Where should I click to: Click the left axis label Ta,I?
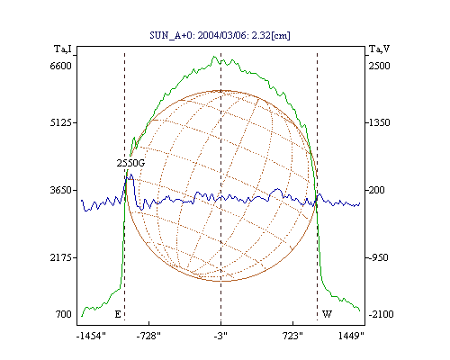point(63,49)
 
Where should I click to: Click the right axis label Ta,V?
point(379,49)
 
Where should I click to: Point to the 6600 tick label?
point(60,66)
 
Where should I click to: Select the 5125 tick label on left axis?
point(60,122)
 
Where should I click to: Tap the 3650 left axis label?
point(60,190)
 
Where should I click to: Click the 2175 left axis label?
point(60,257)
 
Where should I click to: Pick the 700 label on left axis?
point(63,314)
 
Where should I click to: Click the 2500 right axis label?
point(379,66)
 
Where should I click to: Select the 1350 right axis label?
point(379,122)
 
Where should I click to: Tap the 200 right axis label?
point(376,190)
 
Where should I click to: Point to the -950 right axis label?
point(378,257)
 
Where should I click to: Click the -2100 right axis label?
point(381,314)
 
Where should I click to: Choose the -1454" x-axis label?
point(91,336)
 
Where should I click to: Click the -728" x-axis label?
point(148,336)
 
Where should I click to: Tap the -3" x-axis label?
point(220,336)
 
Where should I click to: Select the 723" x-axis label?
point(292,336)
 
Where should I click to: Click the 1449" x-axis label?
point(351,336)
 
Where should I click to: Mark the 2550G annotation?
point(130,163)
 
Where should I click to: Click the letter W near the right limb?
point(327,314)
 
